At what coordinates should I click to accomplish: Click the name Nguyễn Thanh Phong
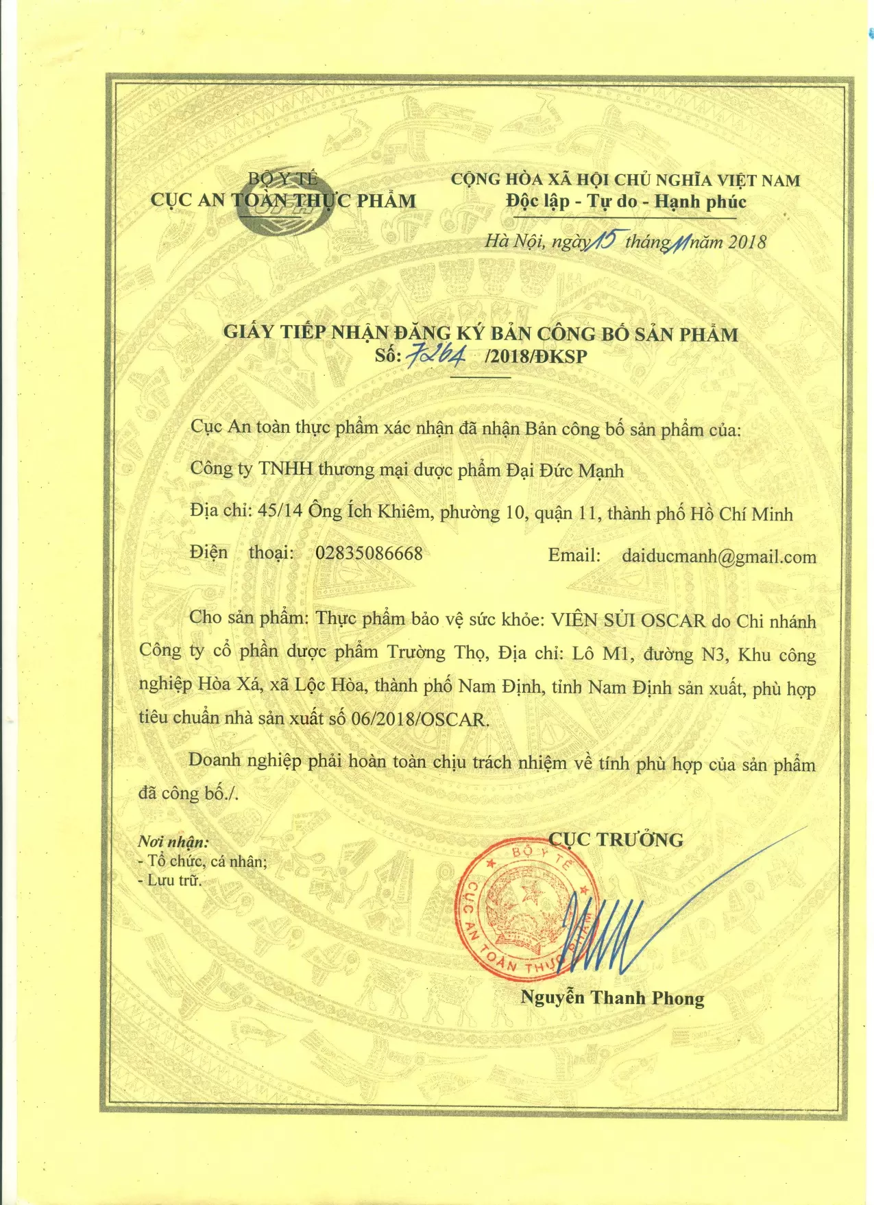tap(612, 998)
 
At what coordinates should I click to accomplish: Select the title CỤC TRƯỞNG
tap(616, 839)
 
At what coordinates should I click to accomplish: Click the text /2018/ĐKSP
tap(535, 356)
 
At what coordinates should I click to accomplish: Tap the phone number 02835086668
tap(369, 553)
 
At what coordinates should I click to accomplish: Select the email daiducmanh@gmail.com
tap(718, 556)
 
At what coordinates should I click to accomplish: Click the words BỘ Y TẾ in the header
tap(282, 179)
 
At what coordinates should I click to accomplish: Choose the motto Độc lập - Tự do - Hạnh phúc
tap(626, 202)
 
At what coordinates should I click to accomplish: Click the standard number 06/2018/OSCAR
tap(419, 719)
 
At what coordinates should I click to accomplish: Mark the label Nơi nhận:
tap(173, 842)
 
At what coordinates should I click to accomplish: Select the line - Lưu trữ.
tap(170, 880)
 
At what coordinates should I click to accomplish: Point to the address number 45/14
tap(280, 512)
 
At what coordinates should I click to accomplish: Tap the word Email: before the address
tap(574, 556)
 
